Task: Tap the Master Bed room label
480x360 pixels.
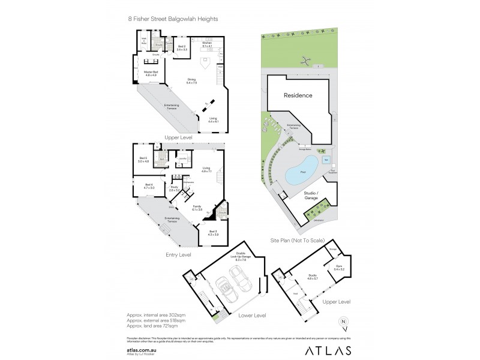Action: point(151,74)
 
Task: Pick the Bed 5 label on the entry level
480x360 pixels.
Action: point(143,160)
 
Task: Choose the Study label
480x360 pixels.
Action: point(175,188)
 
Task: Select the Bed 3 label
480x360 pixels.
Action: point(213,233)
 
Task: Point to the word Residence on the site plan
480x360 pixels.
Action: point(298,95)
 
